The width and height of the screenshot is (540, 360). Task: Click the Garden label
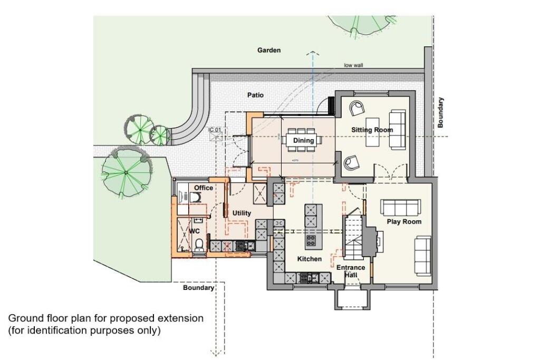click(x=269, y=50)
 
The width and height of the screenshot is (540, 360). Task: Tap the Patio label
click(x=255, y=95)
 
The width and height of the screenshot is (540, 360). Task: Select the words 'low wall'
click(x=354, y=65)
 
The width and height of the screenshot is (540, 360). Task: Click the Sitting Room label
click(x=373, y=130)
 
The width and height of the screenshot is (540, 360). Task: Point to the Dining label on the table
click(x=304, y=141)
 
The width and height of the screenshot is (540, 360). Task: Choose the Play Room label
click(x=404, y=222)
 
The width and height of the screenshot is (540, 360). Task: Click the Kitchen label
click(x=309, y=259)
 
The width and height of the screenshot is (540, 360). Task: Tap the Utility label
click(x=242, y=213)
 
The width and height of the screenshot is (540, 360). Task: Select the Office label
click(x=204, y=188)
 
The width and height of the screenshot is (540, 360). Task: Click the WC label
click(x=194, y=231)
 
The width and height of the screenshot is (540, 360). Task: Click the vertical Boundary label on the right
click(x=440, y=112)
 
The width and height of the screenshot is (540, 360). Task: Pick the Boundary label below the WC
click(x=198, y=288)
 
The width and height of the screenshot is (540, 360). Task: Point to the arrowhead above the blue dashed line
click(x=313, y=53)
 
